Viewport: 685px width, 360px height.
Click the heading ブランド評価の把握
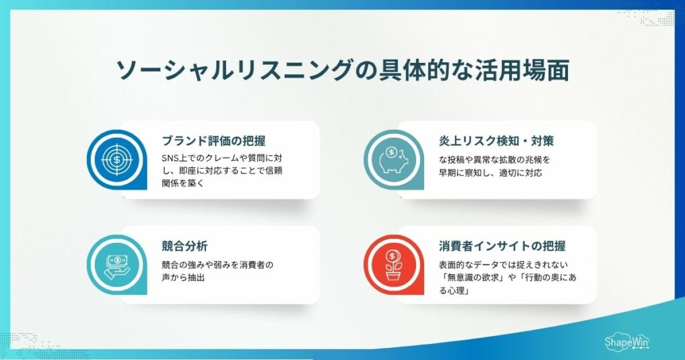point(213,141)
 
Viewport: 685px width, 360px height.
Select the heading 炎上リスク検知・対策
point(496,141)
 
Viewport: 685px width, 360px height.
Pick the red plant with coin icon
point(393,264)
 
